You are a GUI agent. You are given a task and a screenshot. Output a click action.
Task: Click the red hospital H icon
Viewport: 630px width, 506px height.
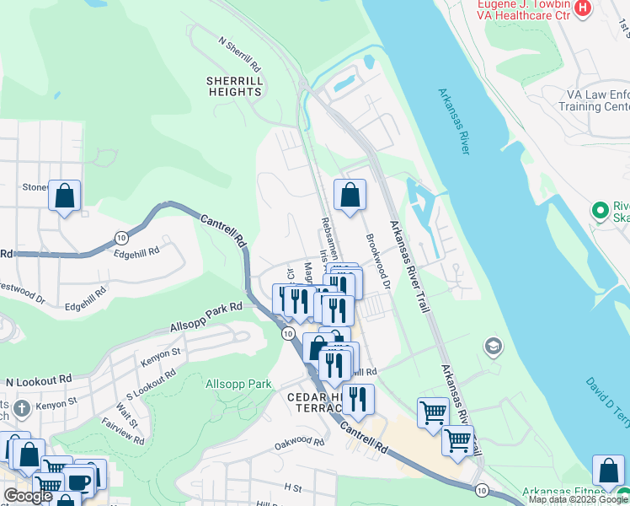[x=583, y=8]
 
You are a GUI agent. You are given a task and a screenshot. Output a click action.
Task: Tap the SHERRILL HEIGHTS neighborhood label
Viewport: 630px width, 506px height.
[x=233, y=86]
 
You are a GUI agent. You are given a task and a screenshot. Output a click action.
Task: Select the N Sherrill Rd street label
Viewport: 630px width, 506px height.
[x=240, y=52]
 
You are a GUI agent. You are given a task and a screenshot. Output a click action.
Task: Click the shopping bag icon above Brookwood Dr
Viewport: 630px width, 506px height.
[x=350, y=196]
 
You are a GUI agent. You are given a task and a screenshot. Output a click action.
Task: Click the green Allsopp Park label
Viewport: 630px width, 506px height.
[x=238, y=384]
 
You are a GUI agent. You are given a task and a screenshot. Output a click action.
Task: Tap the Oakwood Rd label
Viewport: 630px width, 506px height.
[x=299, y=442]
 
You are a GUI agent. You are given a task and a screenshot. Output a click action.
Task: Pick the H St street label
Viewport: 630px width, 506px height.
[x=292, y=487]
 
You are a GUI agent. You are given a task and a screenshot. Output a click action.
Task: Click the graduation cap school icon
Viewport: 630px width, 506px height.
[x=493, y=346]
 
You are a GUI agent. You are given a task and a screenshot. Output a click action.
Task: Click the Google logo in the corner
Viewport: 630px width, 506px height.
[x=28, y=496]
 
